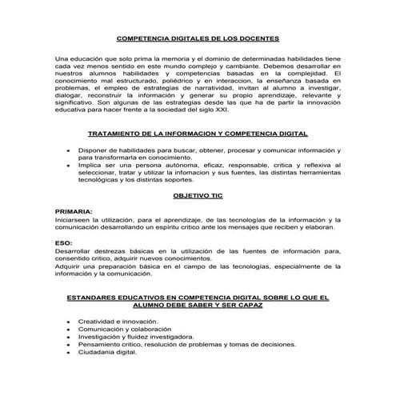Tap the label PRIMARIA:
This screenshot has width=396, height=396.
pyautogui.click(x=74, y=210)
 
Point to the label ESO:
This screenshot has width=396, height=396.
pyautogui.click(x=63, y=242)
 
